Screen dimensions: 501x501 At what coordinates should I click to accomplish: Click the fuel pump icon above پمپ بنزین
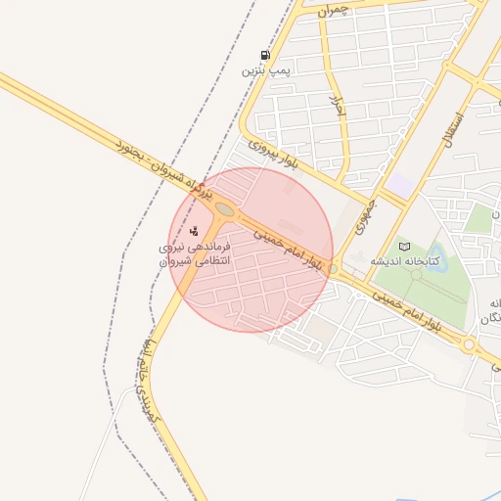click(265, 55)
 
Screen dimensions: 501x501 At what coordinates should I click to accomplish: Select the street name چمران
click(332, 11)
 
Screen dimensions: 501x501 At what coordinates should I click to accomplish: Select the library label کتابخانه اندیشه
click(403, 262)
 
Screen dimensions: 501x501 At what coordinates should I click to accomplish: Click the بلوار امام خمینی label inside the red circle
click(287, 249)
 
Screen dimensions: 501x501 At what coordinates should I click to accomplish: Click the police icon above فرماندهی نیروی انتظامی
click(195, 232)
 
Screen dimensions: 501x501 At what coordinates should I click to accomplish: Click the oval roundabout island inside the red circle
click(225, 209)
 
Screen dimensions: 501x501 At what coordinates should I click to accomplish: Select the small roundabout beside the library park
click(333, 268)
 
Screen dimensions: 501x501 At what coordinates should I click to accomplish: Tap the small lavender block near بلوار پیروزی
click(399, 183)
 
